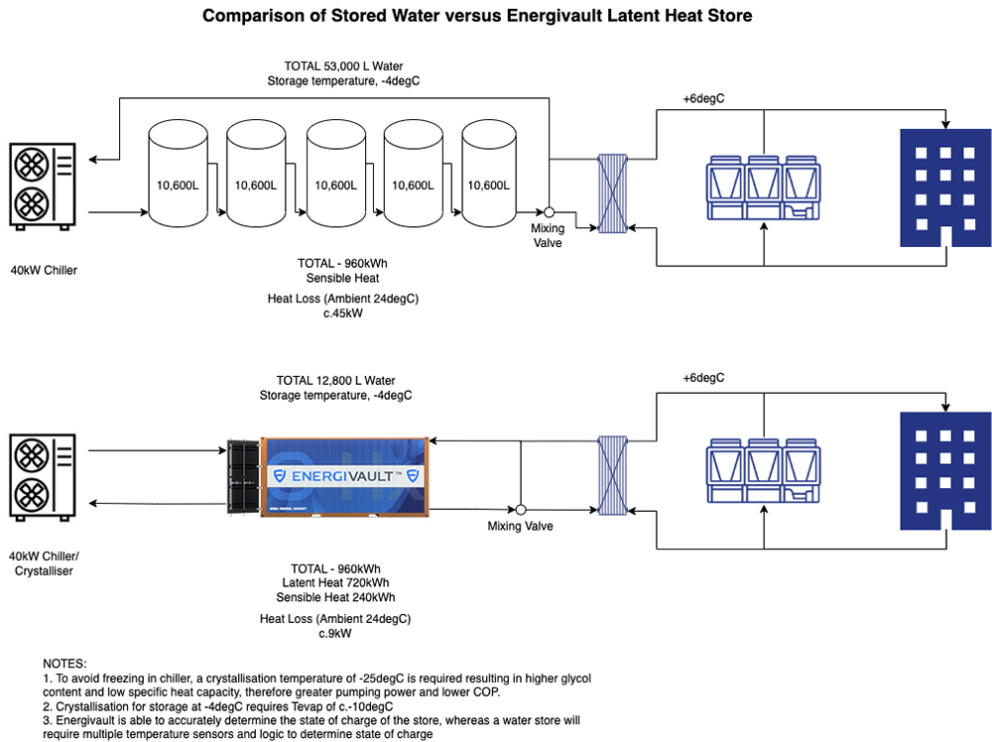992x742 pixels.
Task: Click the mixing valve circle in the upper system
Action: [x=548, y=212]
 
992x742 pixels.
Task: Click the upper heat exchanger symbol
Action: [x=614, y=193]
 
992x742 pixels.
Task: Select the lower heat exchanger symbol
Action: [x=614, y=476]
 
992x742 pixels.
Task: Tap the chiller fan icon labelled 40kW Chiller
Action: [x=40, y=185]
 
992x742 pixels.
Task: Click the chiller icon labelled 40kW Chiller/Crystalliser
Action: [x=40, y=477]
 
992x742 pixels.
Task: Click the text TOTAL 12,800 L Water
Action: [x=335, y=380]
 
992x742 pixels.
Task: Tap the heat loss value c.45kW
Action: [x=335, y=313]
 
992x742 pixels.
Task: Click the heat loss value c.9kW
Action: [x=335, y=633]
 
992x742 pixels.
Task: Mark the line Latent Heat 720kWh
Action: [x=335, y=583]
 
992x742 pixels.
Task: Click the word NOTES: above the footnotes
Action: [x=65, y=663]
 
